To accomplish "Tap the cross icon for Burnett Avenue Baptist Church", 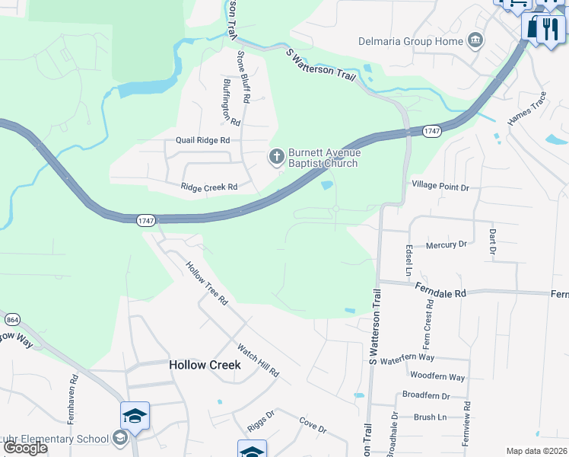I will pyautogui.click(x=276, y=158).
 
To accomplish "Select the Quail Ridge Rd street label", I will pyautogui.click(x=202, y=140).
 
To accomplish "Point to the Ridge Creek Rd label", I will pyautogui.click(x=209, y=187).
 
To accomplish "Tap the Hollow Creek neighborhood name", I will pyautogui.click(x=205, y=365).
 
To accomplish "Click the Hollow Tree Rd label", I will pyautogui.click(x=207, y=283).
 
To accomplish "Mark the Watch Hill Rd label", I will pyautogui.click(x=258, y=360).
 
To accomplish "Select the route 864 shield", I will pyautogui.click(x=11, y=319).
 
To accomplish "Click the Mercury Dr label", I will pyautogui.click(x=446, y=244).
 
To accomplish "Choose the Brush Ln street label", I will pyautogui.click(x=431, y=417).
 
